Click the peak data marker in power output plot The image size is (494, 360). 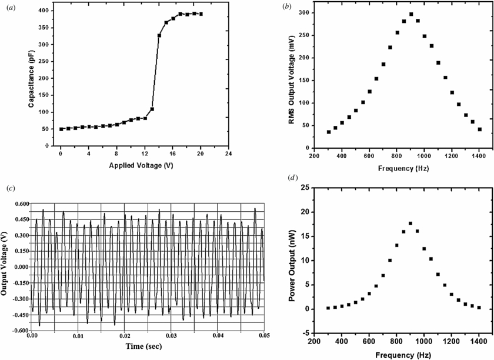point(410,223)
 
